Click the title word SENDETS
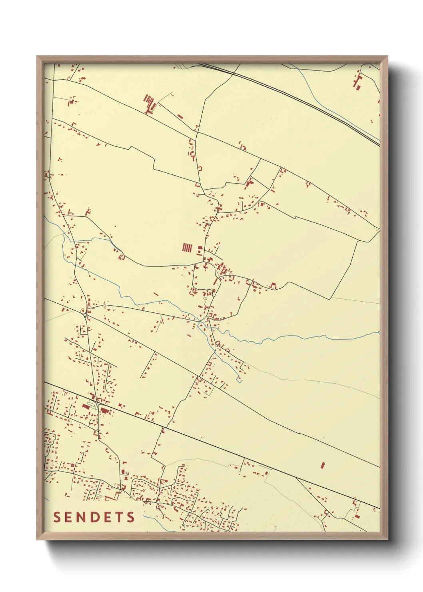94,517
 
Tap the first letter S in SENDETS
57,517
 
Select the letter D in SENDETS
94,517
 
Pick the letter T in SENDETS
119,517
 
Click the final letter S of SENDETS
131,517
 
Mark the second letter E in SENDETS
107,517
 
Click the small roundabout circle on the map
86,315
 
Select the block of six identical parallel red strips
187,248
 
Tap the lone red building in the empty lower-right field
322,465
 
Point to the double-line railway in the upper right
304,100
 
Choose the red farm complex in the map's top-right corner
357,82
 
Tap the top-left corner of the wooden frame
37,56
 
